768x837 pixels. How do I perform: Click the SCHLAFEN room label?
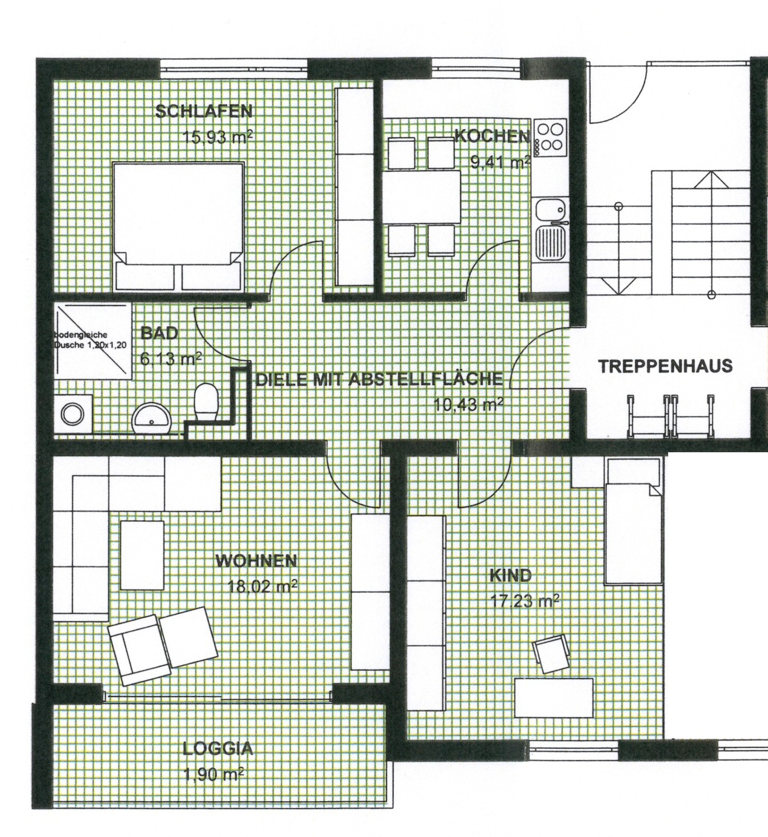204,112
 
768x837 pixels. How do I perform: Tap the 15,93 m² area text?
218,137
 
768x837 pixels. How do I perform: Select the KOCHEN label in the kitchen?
492,137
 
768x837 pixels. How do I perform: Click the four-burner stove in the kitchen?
550,137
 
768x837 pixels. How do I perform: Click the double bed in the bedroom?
178,226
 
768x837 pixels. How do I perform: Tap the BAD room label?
159,333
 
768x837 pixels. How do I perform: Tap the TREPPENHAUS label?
666,366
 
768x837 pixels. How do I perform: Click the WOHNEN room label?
256,561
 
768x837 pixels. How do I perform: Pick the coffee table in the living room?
142,555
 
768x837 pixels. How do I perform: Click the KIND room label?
510,576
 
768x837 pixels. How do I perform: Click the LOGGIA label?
218,748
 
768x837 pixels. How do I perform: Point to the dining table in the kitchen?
422,197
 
